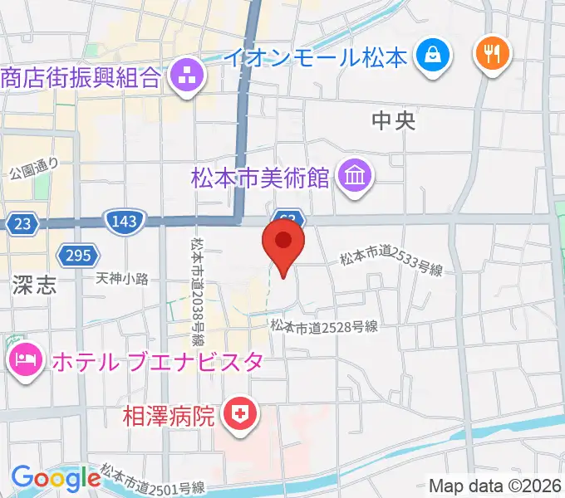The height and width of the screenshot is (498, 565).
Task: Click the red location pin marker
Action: click(x=283, y=242)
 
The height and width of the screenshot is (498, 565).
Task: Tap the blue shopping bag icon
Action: click(x=433, y=56)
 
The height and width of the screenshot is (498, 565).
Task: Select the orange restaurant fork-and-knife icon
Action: click(x=493, y=55)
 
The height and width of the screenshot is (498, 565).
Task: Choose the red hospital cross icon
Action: click(x=240, y=413)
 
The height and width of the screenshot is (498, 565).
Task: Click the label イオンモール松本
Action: click(x=317, y=57)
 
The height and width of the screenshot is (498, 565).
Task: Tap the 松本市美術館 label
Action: click(x=260, y=177)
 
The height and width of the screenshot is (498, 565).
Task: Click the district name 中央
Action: click(x=393, y=121)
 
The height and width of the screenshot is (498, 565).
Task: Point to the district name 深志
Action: click(x=35, y=286)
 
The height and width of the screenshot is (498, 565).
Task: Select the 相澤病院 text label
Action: click(x=170, y=413)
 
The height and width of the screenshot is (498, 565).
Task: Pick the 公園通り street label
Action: click(x=34, y=169)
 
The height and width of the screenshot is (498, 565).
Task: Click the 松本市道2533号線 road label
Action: click(x=391, y=265)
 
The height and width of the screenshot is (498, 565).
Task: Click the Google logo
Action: click(x=56, y=479)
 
